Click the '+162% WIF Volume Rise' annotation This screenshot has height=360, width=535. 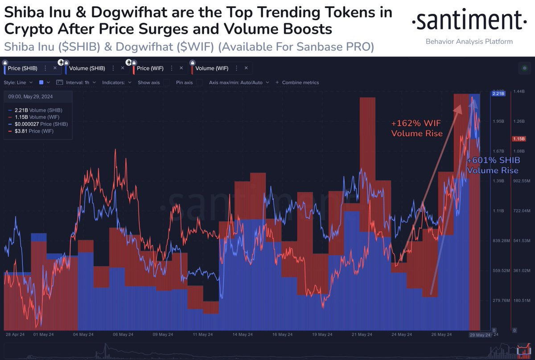417,128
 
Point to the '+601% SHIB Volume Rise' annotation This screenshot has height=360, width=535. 493,165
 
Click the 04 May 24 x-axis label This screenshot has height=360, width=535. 82,335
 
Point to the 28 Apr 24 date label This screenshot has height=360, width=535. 15,335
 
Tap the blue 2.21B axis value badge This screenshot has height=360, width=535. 498,94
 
